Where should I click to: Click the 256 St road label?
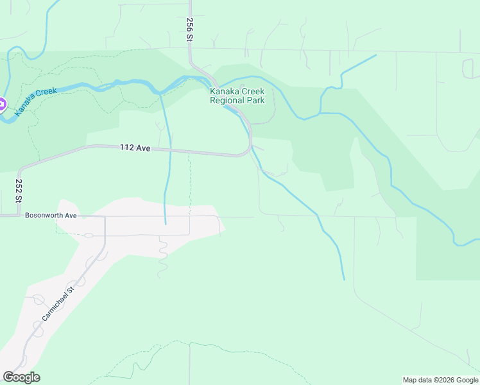click(190, 30)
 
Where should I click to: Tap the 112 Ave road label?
click(135, 148)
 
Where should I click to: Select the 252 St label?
click(19, 191)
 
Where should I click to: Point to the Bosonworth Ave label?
click(51, 216)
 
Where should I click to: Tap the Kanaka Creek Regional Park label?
click(237, 96)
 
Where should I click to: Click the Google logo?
click(21, 377)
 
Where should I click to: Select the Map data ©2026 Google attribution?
click(440, 380)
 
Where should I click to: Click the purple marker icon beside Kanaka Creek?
click(1, 104)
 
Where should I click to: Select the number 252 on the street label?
click(19, 187)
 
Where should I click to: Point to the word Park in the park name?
click(256, 101)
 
